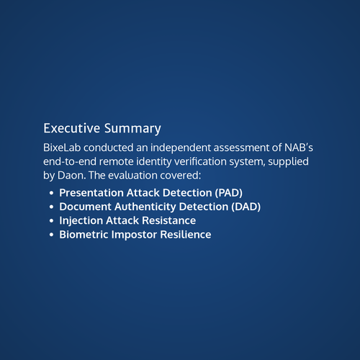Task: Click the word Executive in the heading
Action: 71,128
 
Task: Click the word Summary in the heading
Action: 132,129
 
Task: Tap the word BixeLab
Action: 62,148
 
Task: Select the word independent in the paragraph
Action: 181,148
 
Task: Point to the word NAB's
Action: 299,148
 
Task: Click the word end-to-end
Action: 70,161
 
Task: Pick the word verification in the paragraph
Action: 200,161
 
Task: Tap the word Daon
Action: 71,176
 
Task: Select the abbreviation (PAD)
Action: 229,193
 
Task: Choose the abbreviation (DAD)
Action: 246,207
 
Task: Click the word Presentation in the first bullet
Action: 91,193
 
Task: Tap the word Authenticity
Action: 145,207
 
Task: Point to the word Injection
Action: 81,221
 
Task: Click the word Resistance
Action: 168,221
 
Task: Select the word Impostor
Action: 134,235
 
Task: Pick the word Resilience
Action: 186,235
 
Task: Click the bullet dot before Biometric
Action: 51,235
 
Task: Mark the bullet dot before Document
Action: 51,207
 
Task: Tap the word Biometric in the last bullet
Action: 84,235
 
